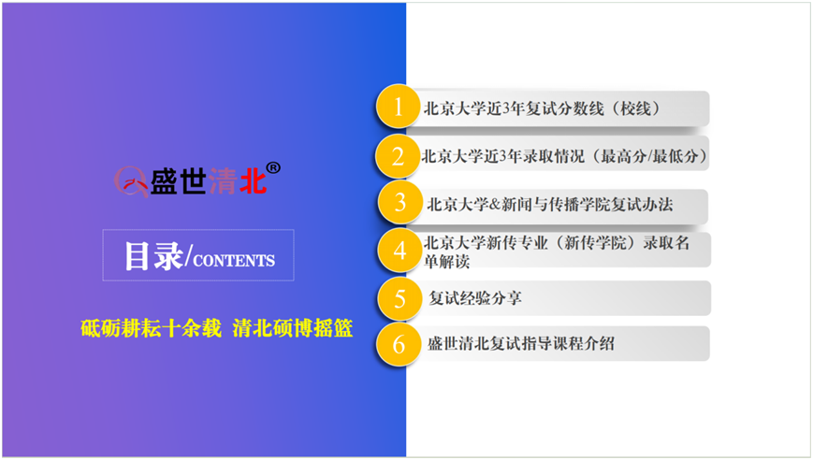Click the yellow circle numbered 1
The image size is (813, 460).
(x=398, y=107)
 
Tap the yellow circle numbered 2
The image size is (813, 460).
(x=398, y=155)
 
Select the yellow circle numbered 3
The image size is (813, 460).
(x=399, y=203)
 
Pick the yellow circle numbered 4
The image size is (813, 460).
(x=399, y=251)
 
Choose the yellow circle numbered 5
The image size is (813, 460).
(x=399, y=298)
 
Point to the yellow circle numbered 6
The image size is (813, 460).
(x=399, y=344)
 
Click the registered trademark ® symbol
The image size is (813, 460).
(x=273, y=168)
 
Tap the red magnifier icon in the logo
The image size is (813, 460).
(x=131, y=181)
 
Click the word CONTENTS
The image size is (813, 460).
(x=234, y=260)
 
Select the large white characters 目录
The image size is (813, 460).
(x=154, y=256)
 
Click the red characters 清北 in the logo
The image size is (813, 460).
(x=238, y=181)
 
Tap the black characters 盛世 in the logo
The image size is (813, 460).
(x=179, y=181)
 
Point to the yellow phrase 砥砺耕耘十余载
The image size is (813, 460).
(x=151, y=328)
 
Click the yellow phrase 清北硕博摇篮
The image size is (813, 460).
(x=293, y=328)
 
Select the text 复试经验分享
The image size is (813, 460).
(x=475, y=298)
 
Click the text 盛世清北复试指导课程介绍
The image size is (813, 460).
(x=521, y=343)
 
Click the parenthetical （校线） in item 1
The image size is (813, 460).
(x=634, y=108)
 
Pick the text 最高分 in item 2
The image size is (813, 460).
(x=621, y=156)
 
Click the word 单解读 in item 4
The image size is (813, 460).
(x=447, y=262)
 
